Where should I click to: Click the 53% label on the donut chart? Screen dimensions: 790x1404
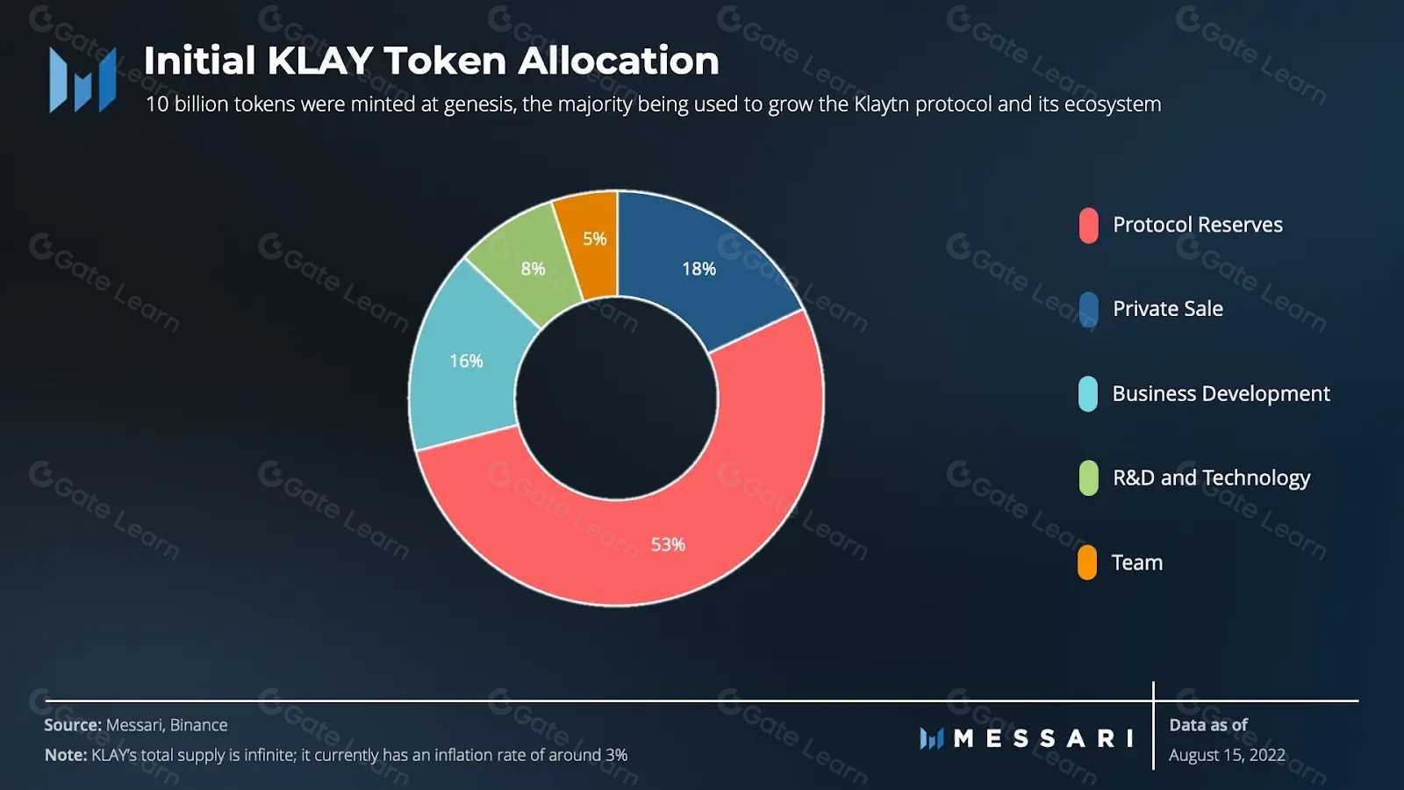(668, 545)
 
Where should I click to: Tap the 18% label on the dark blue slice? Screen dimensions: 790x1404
(699, 269)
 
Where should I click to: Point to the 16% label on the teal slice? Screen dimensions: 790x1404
(466, 361)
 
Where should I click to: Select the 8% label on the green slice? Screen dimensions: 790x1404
(533, 269)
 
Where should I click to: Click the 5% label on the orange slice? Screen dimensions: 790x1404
(595, 239)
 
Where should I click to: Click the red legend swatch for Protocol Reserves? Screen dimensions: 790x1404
(1088, 226)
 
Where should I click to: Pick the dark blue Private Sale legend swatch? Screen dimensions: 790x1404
(1088, 310)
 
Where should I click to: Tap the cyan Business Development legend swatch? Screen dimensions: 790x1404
(1088, 394)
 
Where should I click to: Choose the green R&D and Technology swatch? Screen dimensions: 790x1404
(1088, 478)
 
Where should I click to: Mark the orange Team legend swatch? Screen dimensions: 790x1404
(1087, 563)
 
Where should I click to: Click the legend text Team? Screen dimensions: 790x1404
(1136, 563)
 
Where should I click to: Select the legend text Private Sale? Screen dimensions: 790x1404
(1167, 309)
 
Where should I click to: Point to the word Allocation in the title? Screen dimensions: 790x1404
(618, 61)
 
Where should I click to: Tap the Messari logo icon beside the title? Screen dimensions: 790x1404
(82, 80)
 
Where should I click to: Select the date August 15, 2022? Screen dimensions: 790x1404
(1227, 755)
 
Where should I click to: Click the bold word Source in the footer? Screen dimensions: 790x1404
(73, 725)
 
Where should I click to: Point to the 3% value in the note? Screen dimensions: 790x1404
(616, 755)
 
